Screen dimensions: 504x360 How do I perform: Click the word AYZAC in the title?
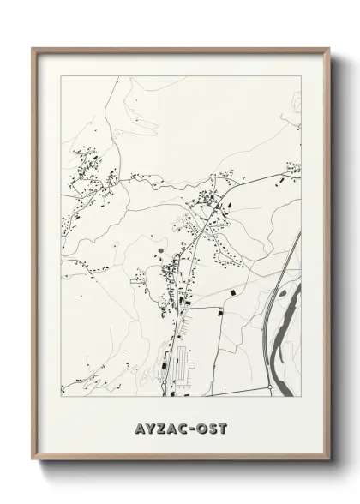click(x=159, y=427)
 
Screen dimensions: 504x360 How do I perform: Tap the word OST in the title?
click(x=211, y=427)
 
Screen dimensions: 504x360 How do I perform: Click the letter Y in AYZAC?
click(x=147, y=427)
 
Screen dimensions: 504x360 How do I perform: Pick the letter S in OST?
click(x=212, y=427)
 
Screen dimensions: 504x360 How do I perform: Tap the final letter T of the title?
click(x=223, y=427)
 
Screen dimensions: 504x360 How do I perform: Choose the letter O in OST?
click(x=201, y=427)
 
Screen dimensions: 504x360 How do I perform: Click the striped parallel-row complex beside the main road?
click(x=182, y=360)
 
